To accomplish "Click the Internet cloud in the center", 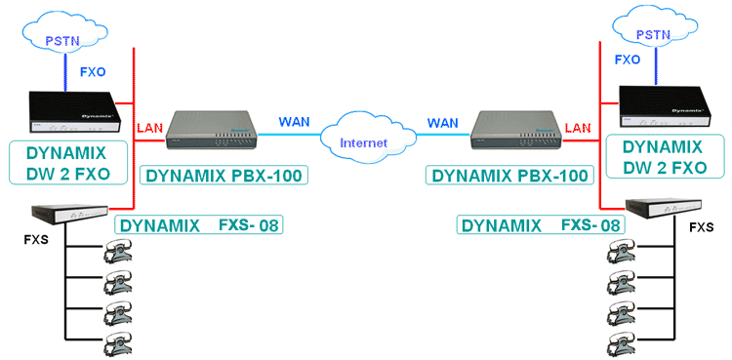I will (365, 142).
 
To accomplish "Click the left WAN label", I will (295, 122).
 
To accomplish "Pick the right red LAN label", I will (578, 128).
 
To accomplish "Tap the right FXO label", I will (627, 60).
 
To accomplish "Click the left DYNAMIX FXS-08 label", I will (204, 225).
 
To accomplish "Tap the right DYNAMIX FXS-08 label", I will (541, 225).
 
